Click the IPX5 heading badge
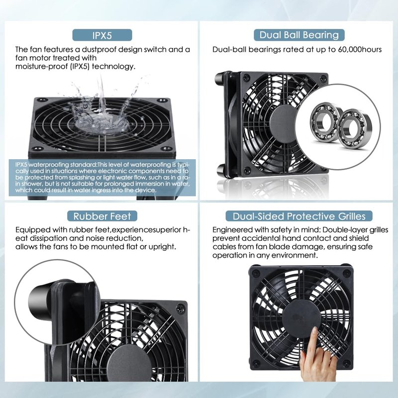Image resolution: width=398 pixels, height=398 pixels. tap(102, 35)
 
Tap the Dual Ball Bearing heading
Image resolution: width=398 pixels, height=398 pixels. tap(299, 35)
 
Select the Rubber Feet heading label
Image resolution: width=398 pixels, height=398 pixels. tap(102, 216)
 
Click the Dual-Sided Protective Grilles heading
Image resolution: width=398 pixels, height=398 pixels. tap(299, 216)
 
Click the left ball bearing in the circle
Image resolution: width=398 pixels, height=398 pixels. tap(325, 121)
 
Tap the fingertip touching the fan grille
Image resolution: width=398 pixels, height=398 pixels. tap(315, 331)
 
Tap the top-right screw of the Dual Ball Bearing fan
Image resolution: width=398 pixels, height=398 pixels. tap(322, 79)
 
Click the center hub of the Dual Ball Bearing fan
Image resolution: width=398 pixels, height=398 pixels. tap(283, 122)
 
